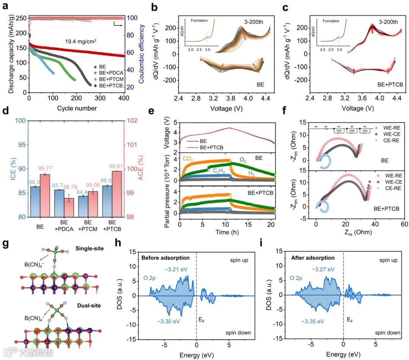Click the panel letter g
(5, 244)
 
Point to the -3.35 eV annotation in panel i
(312, 321)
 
